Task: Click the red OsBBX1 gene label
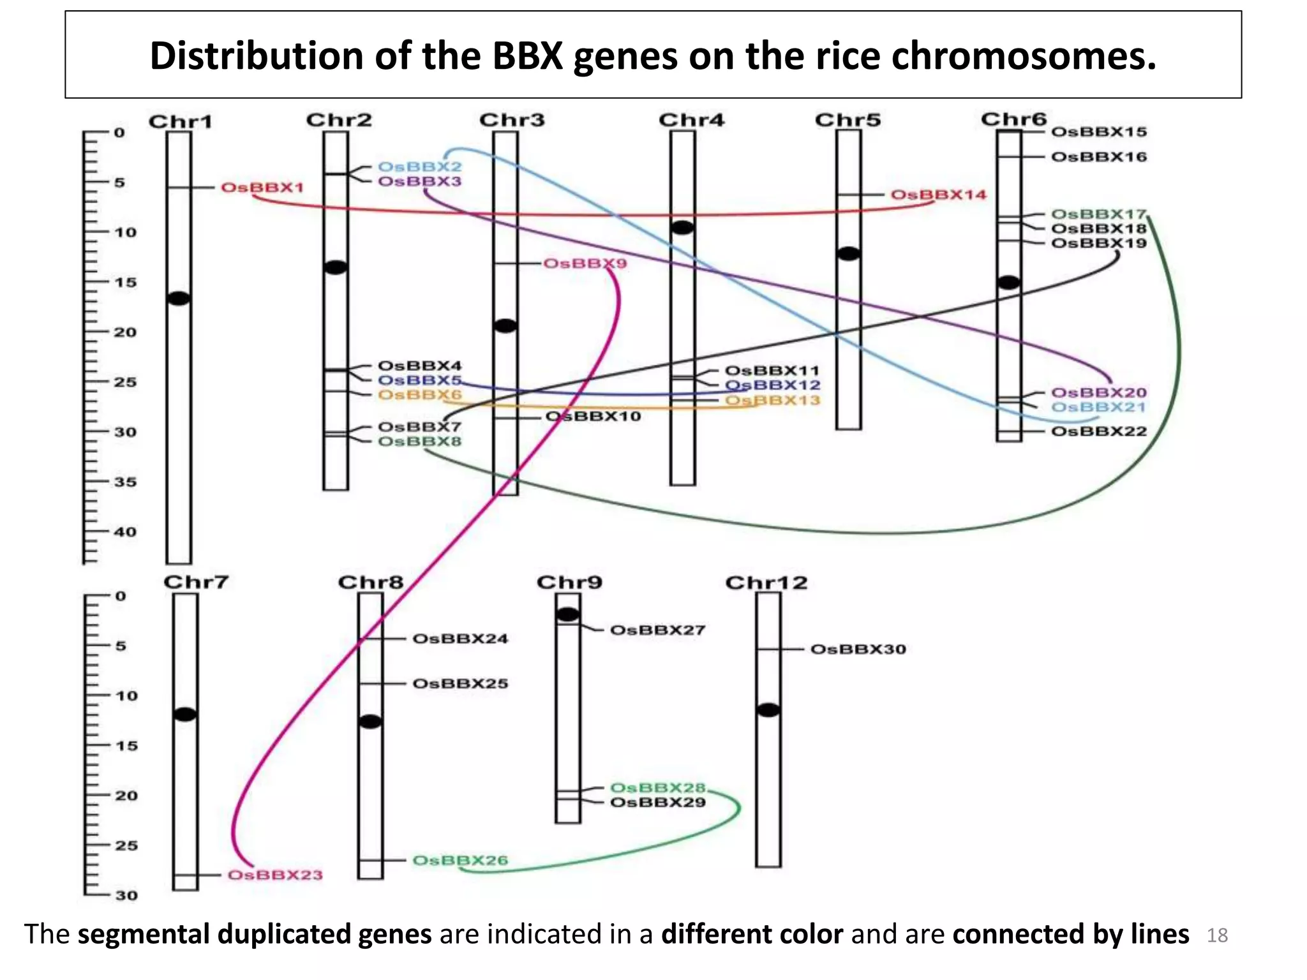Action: (x=262, y=188)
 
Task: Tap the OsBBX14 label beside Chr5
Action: (x=937, y=195)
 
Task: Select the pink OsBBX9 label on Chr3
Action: (x=585, y=264)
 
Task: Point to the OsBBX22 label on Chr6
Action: (x=1098, y=431)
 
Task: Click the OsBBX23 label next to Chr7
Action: (x=275, y=875)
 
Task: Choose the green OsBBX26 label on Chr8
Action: (x=459, y=860)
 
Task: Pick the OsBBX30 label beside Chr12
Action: (x=858, y=650)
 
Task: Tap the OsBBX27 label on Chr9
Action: (x=657, y=630)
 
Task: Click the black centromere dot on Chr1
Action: (x=179, y=298)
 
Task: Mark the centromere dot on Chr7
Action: (x=185, y=714)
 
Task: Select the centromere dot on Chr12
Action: (x=768, y=709)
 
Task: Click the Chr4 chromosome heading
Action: (x=691, y=120)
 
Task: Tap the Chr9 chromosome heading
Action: (x=569, y=583)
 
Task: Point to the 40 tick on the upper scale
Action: (x=125, y=531)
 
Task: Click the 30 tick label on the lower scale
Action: (x=126, y=895)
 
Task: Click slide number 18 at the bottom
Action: (x=1217, y=935)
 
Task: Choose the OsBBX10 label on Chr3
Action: (x=593, y=417)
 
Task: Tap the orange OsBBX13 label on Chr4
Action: (x=772, y=401)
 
